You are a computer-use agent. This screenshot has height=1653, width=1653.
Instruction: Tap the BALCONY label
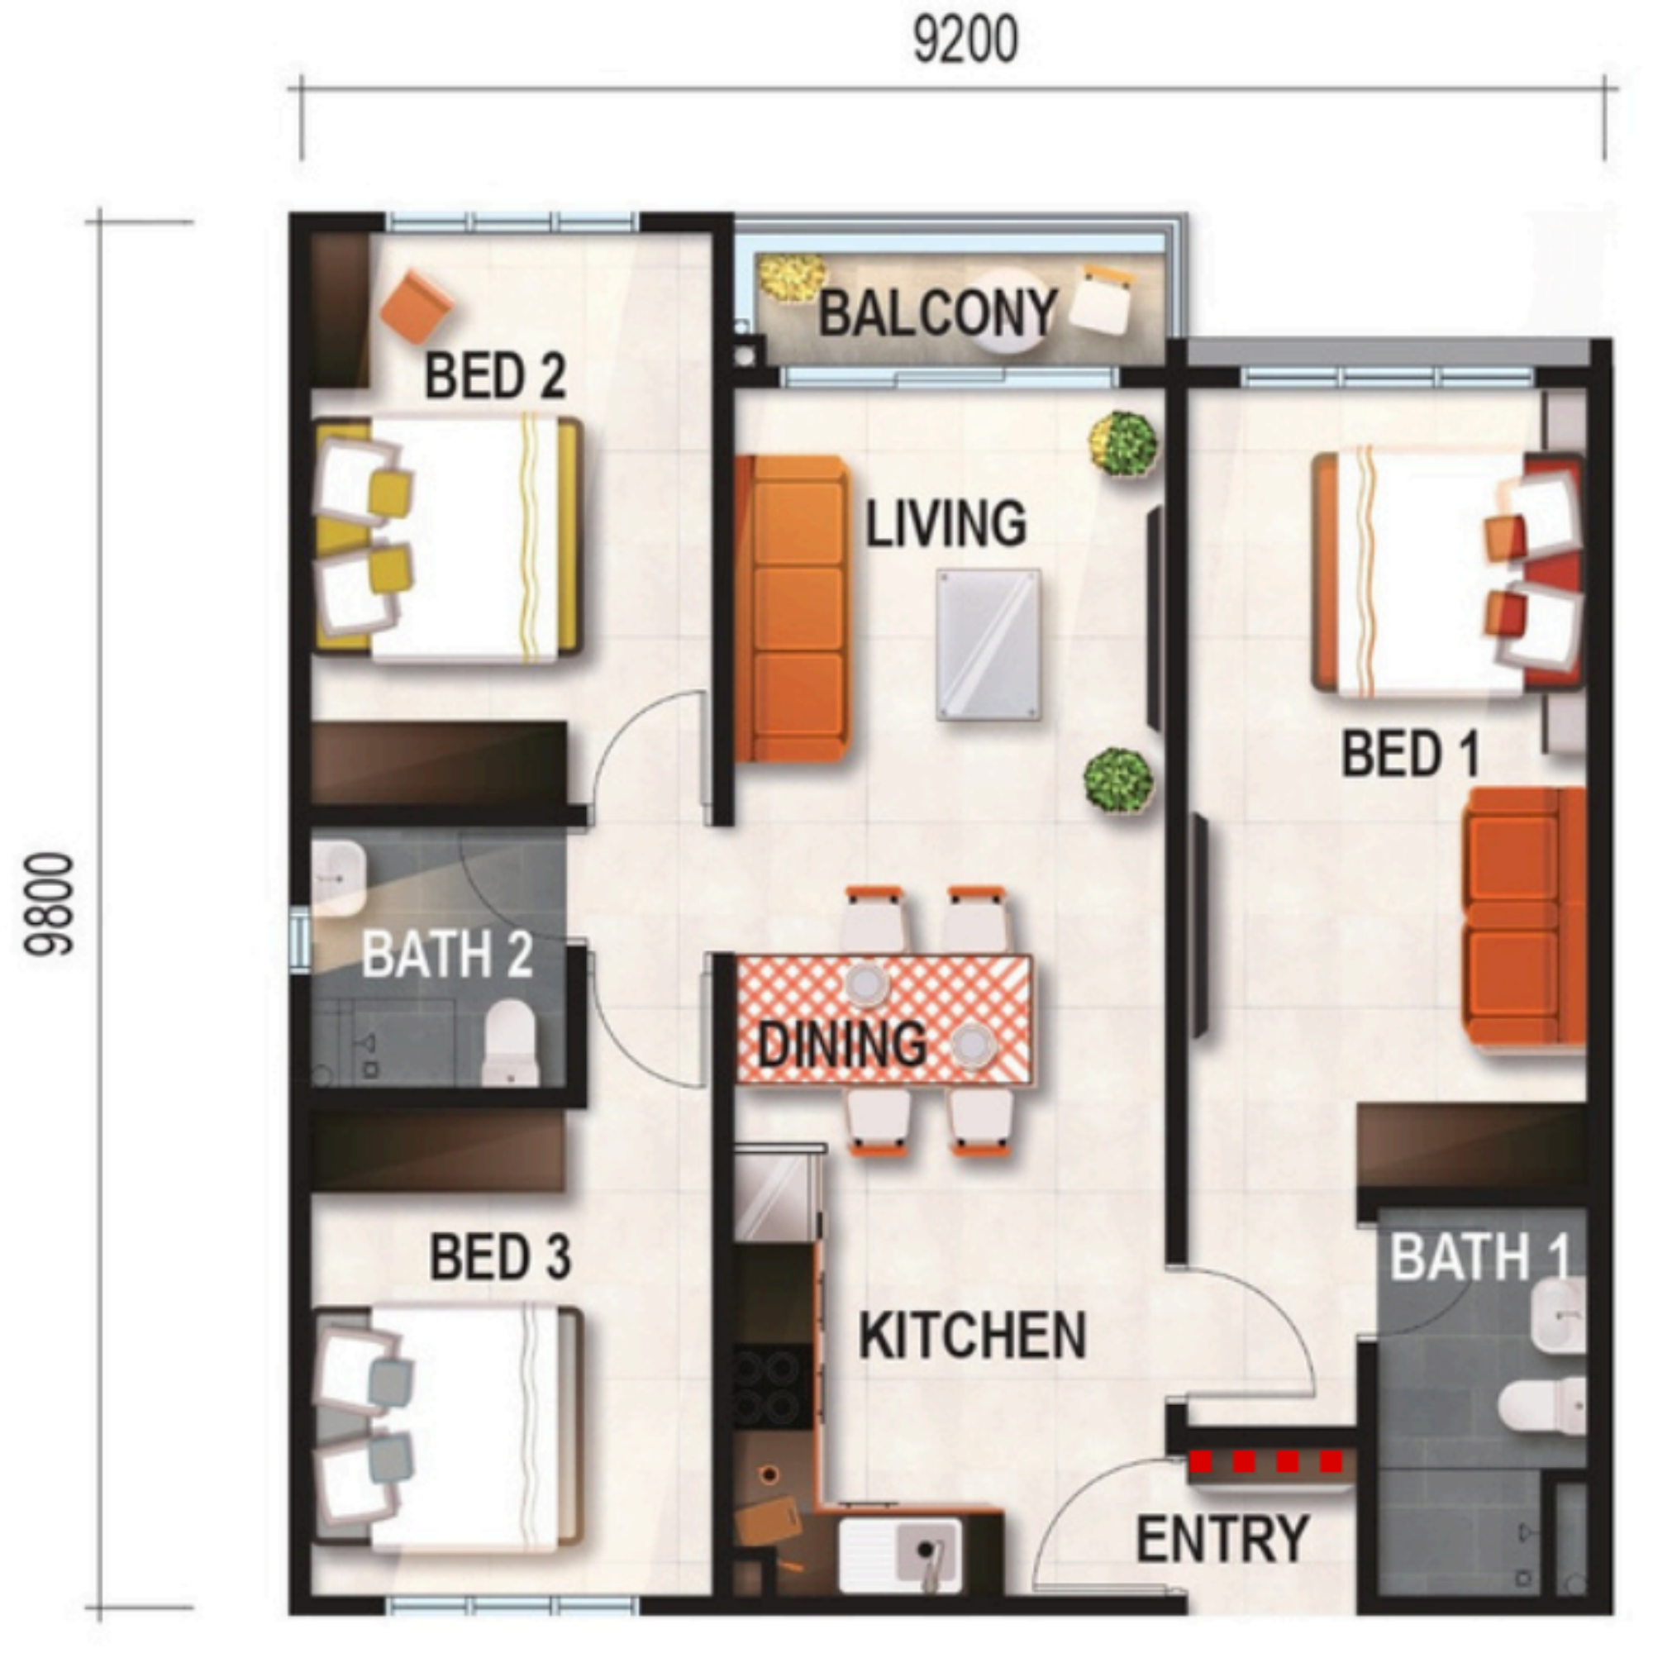pyautogui.click(x=938, y=313)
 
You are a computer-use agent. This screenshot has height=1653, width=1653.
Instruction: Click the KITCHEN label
pyautogui.click(x=972, y=1336)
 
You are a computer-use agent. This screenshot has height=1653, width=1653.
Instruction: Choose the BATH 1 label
pyautogui.click(x=1480, y=1257)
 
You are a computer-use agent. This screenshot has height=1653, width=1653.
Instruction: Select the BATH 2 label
pyautogui.click(x=446, y=954)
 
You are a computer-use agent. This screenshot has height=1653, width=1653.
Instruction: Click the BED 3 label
pyautogui.click(x=500, y=1257)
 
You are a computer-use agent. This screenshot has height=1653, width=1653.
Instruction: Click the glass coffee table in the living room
pyautogui.click(x=989, y=645)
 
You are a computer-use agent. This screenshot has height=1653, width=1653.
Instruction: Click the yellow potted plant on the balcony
pyautogui.click(x=792, y=278)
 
